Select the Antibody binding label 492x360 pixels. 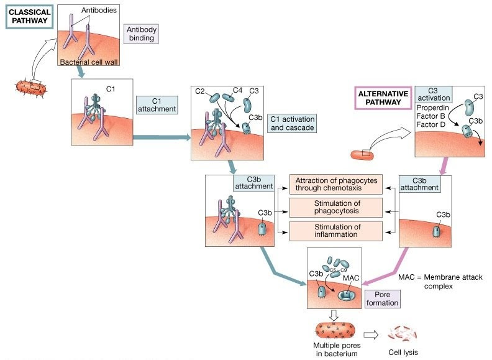tap(142, 34)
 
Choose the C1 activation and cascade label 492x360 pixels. tap(291, 123)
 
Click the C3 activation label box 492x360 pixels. tap(433, 94)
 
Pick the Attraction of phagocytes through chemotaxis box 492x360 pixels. tap(335, 185)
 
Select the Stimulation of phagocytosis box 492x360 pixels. tap(335, 207)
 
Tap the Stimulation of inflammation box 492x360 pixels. tap(335, 230)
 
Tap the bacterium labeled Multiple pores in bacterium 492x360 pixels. tap(335, 331)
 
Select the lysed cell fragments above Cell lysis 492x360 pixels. tap(402, 335)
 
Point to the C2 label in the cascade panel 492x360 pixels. tap(200, 92)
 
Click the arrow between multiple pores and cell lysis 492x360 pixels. tap(371, 334)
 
